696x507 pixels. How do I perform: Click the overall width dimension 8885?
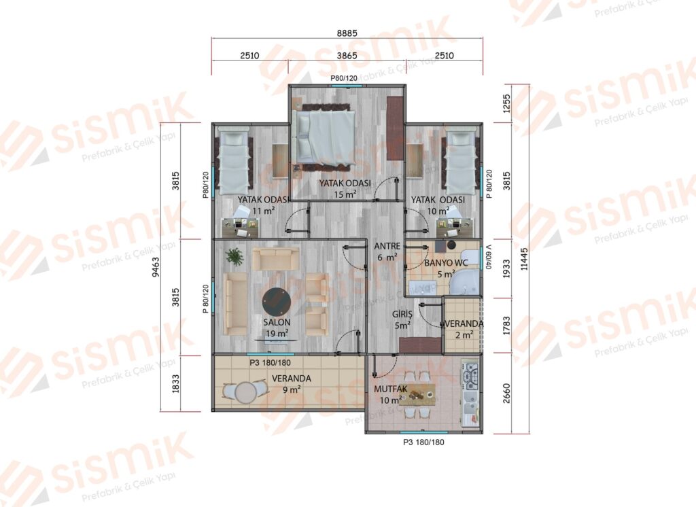click(x=347, y=33)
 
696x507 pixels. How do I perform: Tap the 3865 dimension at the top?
click(x=347, y=56)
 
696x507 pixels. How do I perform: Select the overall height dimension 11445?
click(x=525, y=259)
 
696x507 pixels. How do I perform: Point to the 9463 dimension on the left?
click(x=156, y=267)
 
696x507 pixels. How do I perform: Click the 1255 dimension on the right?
click(x=507, y=103)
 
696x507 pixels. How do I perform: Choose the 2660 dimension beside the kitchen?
click(x=507, y=394)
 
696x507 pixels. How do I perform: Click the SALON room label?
click(x=277, y=323)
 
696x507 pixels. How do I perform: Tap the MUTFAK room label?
click(x=391, y=389)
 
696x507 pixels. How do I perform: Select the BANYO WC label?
click(x=446, y=263)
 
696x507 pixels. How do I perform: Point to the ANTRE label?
click(x=387, y=246)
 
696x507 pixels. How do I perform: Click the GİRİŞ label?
click(x=402, y=314)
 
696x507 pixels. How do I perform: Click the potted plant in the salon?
click(x=234, y=256)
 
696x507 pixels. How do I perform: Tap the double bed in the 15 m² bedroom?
click(x=326, y=136)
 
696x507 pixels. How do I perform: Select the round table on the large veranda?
click(x=245, y=392)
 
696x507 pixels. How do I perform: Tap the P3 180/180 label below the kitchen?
click(x=423, y=442)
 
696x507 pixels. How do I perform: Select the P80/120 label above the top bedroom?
click(x=344, y=78)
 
